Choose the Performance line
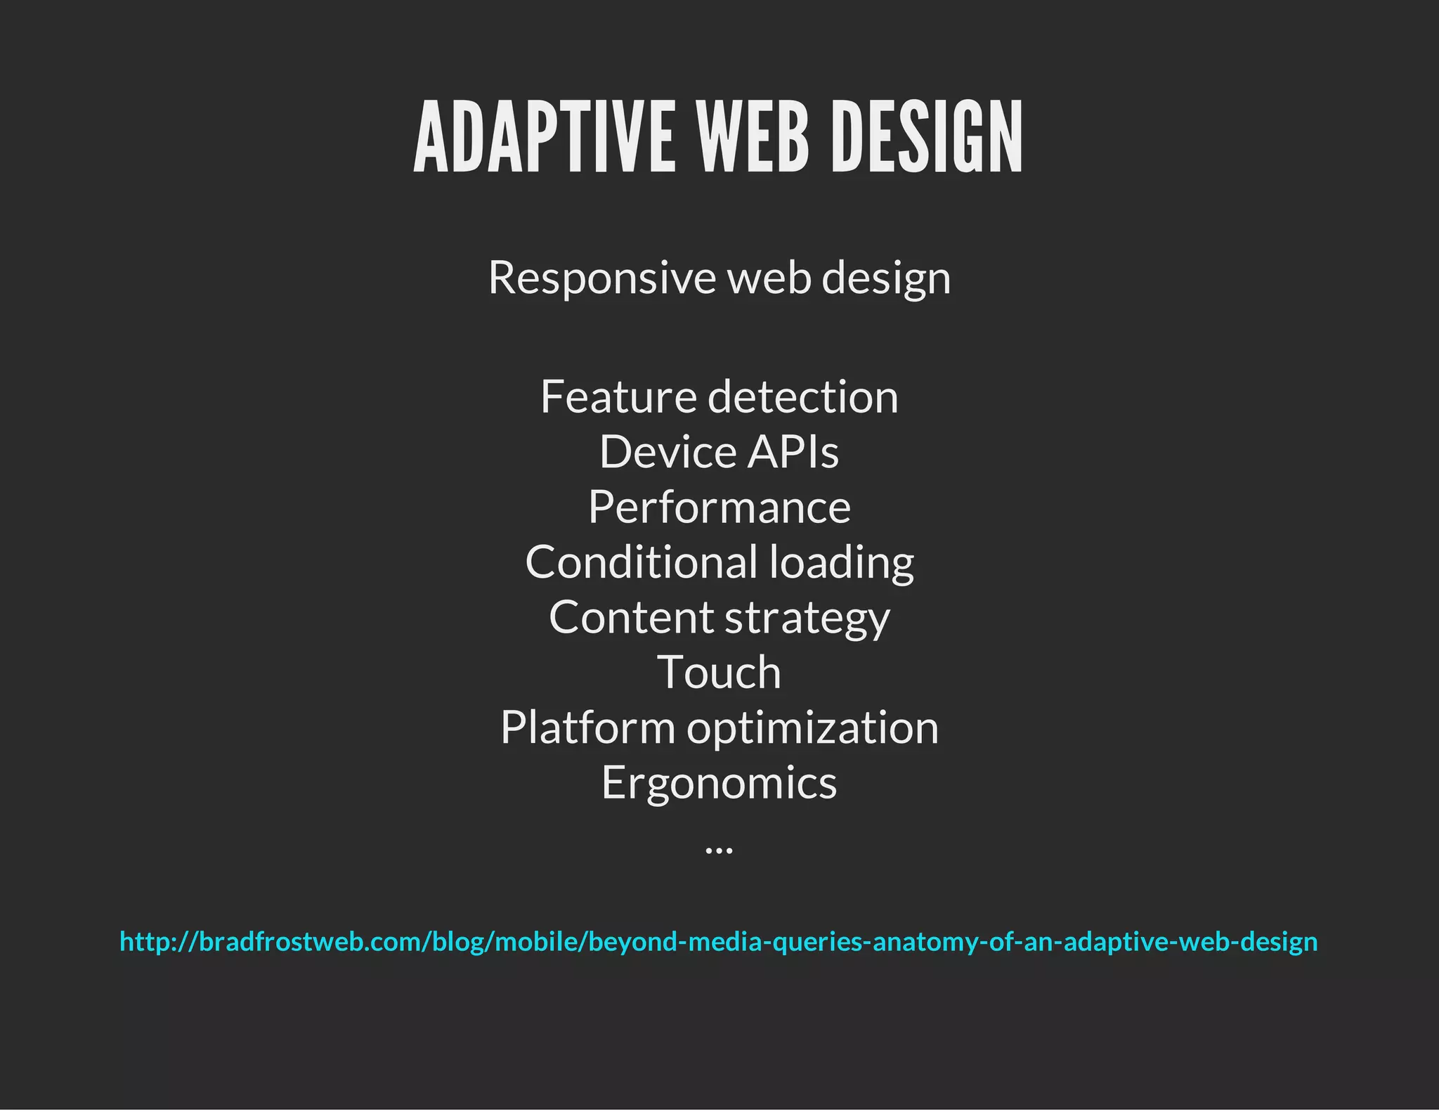click(719, 507)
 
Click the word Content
click(631, 617)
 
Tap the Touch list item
click(719, 673)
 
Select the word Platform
click(587, 728)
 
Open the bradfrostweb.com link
click(719, 941)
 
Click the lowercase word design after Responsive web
click(886, 278)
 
